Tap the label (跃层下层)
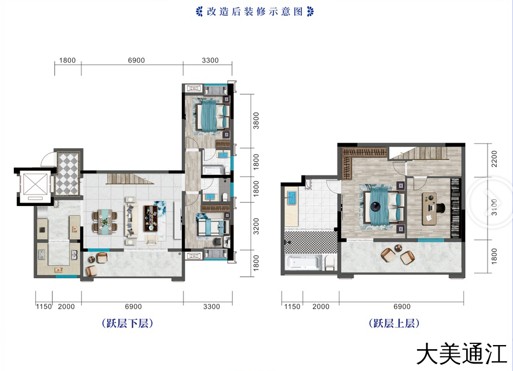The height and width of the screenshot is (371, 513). coord(128,323)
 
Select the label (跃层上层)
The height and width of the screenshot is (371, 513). coord(394,323)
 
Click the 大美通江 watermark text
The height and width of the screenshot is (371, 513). coord(461,353)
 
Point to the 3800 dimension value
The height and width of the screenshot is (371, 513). coord(256,121)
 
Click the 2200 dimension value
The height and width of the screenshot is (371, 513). coord(495,159)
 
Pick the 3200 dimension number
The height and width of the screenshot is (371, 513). coord(256,226)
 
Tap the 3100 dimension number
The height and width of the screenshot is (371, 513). coord(495,207)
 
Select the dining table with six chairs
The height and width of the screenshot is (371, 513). coord(105,222)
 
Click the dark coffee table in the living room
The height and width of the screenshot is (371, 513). coord(151,219)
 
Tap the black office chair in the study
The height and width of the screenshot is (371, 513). coord(440,207)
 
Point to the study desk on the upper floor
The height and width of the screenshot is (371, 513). coord(429,209)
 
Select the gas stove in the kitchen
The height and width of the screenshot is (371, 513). coord(42,254)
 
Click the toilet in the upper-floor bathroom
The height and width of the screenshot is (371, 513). coord(330,263)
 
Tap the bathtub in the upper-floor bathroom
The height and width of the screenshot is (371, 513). coord(304,263)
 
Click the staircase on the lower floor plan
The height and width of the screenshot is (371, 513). coord(130,179)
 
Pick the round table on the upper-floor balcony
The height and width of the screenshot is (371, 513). coord(398,248)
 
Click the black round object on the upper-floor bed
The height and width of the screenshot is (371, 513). coord(375,207)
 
